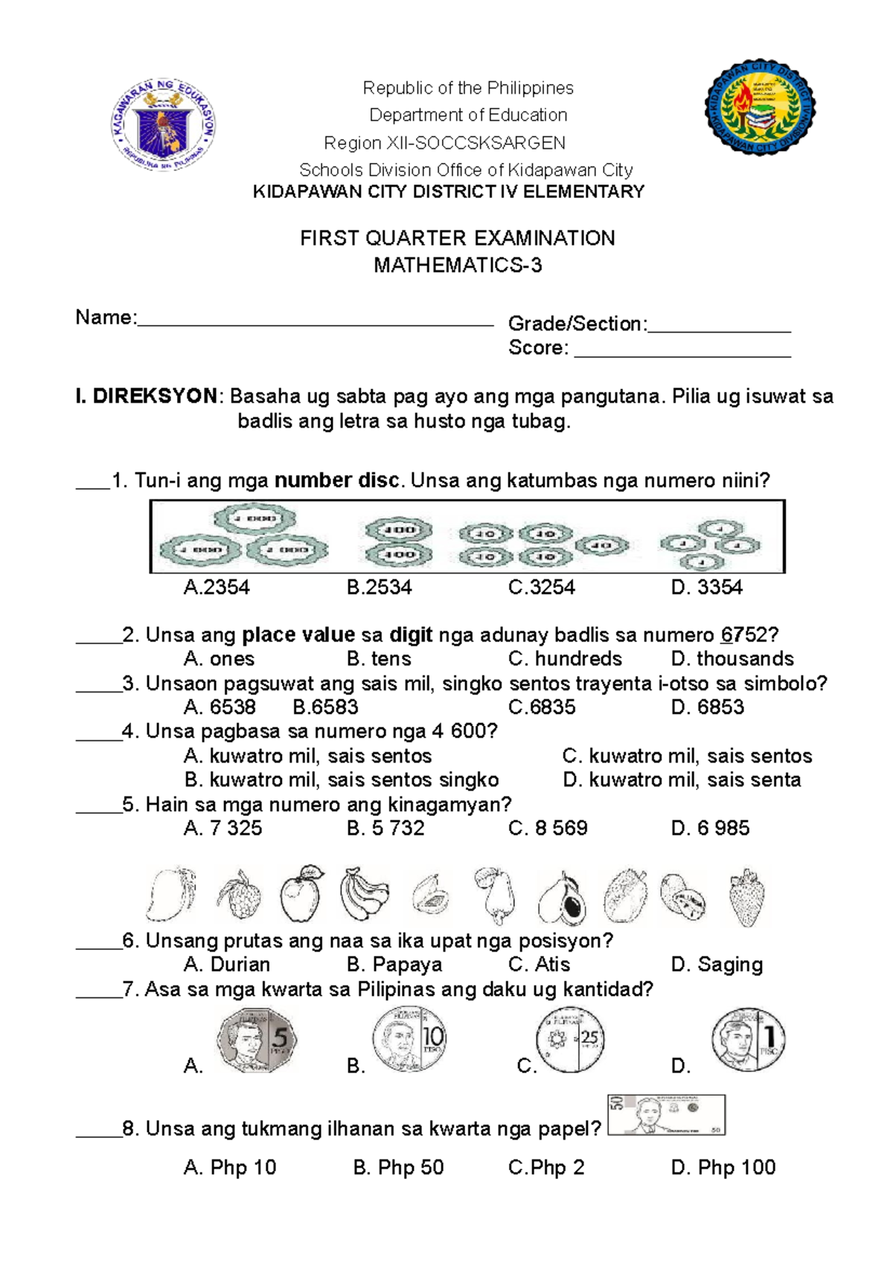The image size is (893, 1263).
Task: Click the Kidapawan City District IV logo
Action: [760, 109]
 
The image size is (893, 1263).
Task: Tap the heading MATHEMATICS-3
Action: [457, 266]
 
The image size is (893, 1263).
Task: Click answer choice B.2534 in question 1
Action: [379, 588]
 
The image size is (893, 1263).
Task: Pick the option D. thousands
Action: [732, 659]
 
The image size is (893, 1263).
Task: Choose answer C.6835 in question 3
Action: [541, 707]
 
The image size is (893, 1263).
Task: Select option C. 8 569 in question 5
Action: [548, 829]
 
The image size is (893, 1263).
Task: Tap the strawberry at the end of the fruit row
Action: [746, 897]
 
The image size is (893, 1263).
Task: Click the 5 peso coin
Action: [256, 1040]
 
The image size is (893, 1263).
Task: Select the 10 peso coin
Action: [409, 1038]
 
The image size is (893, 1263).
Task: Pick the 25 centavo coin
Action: [570, 1040]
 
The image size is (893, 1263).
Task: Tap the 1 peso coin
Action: [748, 1039]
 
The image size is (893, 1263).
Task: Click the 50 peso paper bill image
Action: [666, 1114]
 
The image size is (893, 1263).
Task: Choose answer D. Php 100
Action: [723, 1168]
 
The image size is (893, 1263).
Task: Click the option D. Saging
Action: [717, 965]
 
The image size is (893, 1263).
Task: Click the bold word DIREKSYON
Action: [155, 396]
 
